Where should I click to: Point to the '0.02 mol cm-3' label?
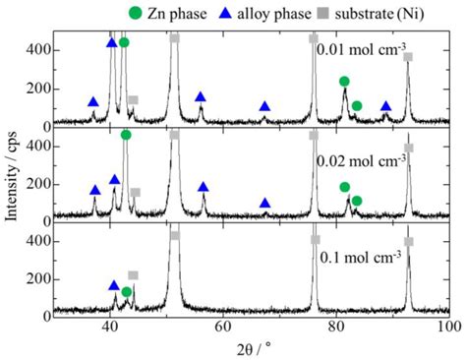point(361,157)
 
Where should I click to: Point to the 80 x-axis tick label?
point(336,328)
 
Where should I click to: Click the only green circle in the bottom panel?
point(127,292)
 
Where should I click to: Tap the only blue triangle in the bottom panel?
point(114,285)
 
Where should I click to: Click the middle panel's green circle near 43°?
point(126,135)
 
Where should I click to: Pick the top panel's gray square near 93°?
point(408,57)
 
